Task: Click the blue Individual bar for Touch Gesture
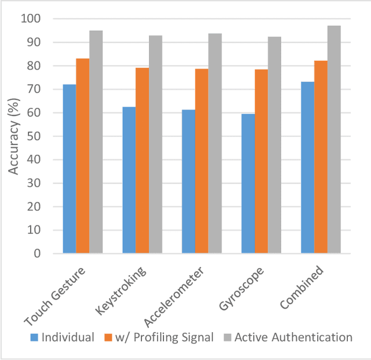click(x=70, y=169)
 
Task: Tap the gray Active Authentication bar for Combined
click(x=334, y=139)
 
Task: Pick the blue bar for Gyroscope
click(x=248, y=183)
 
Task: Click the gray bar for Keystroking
click(x=155, y=144)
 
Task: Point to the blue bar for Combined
click(x=307, y=168)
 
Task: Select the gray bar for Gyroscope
click(x=275, y=145)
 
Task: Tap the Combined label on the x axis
click(x=301, y=288)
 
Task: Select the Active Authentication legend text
click(x=293, y=337)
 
